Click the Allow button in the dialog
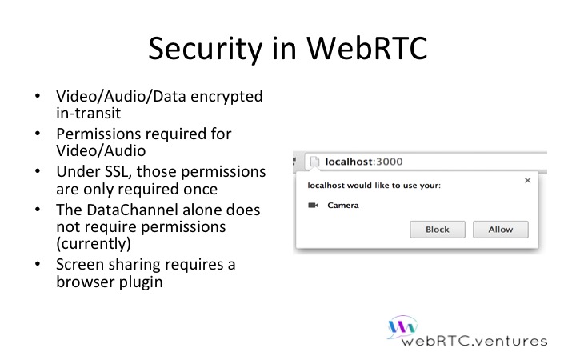[x=500, y=230]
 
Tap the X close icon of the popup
[x=527, y=180]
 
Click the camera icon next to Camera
[x=313, y=206]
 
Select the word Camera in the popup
[x=343, y=206]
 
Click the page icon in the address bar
[x=314, y=162]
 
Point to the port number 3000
[x=390, y=162]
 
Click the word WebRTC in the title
[x=367, y=48]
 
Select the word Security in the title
[x=206, y=50]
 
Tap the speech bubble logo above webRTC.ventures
[x=402, y=326]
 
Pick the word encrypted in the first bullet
[x=226, y=97]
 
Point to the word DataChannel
[x=132, y=210]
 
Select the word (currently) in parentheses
[x=94, y=244]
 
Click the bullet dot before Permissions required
[x=38, y=134]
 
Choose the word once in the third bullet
[x=201, y=189]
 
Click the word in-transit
[x=88, y=113]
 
